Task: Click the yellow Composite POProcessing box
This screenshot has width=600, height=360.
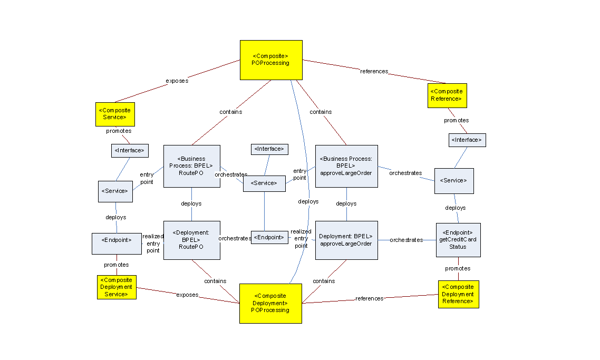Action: click(x=271, y=60)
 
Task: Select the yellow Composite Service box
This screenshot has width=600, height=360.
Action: click(x=115, y=114)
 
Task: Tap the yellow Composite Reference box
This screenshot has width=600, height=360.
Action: click(x=447, y=95)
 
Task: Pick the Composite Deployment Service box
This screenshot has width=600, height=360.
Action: click(x=117, y=287)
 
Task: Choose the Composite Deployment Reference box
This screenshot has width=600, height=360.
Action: click(x=458, y=294)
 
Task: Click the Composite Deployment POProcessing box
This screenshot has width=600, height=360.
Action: click(x=270, y=303)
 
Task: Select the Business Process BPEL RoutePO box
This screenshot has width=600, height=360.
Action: click(x=192, y=166)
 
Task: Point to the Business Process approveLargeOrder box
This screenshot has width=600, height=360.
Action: click(x=346, y=166)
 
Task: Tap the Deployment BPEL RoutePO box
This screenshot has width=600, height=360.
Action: click(x=192, y=240)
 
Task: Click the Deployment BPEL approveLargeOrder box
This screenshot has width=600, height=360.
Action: click(x=346, y=240)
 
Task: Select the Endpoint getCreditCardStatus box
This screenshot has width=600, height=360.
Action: click(x=458, y=240)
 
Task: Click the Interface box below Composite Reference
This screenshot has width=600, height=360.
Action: click(x=467, y=140)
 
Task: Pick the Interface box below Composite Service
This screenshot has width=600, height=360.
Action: click(x=130, y=151)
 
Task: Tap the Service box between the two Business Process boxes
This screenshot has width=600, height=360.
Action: click(x=264, y=183)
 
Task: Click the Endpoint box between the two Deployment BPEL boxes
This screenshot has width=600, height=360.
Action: click(x=269, y=238)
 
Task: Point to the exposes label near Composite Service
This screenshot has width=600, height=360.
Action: click(x=177, y=81)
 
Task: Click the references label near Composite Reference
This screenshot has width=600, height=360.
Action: click(x=374, y=72)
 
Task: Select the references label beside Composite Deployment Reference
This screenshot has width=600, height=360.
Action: click(x=369, y=299)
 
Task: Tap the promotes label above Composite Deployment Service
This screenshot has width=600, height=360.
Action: click(x=116, y=265)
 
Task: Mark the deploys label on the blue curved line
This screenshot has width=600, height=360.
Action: click(x=308, y=202)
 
